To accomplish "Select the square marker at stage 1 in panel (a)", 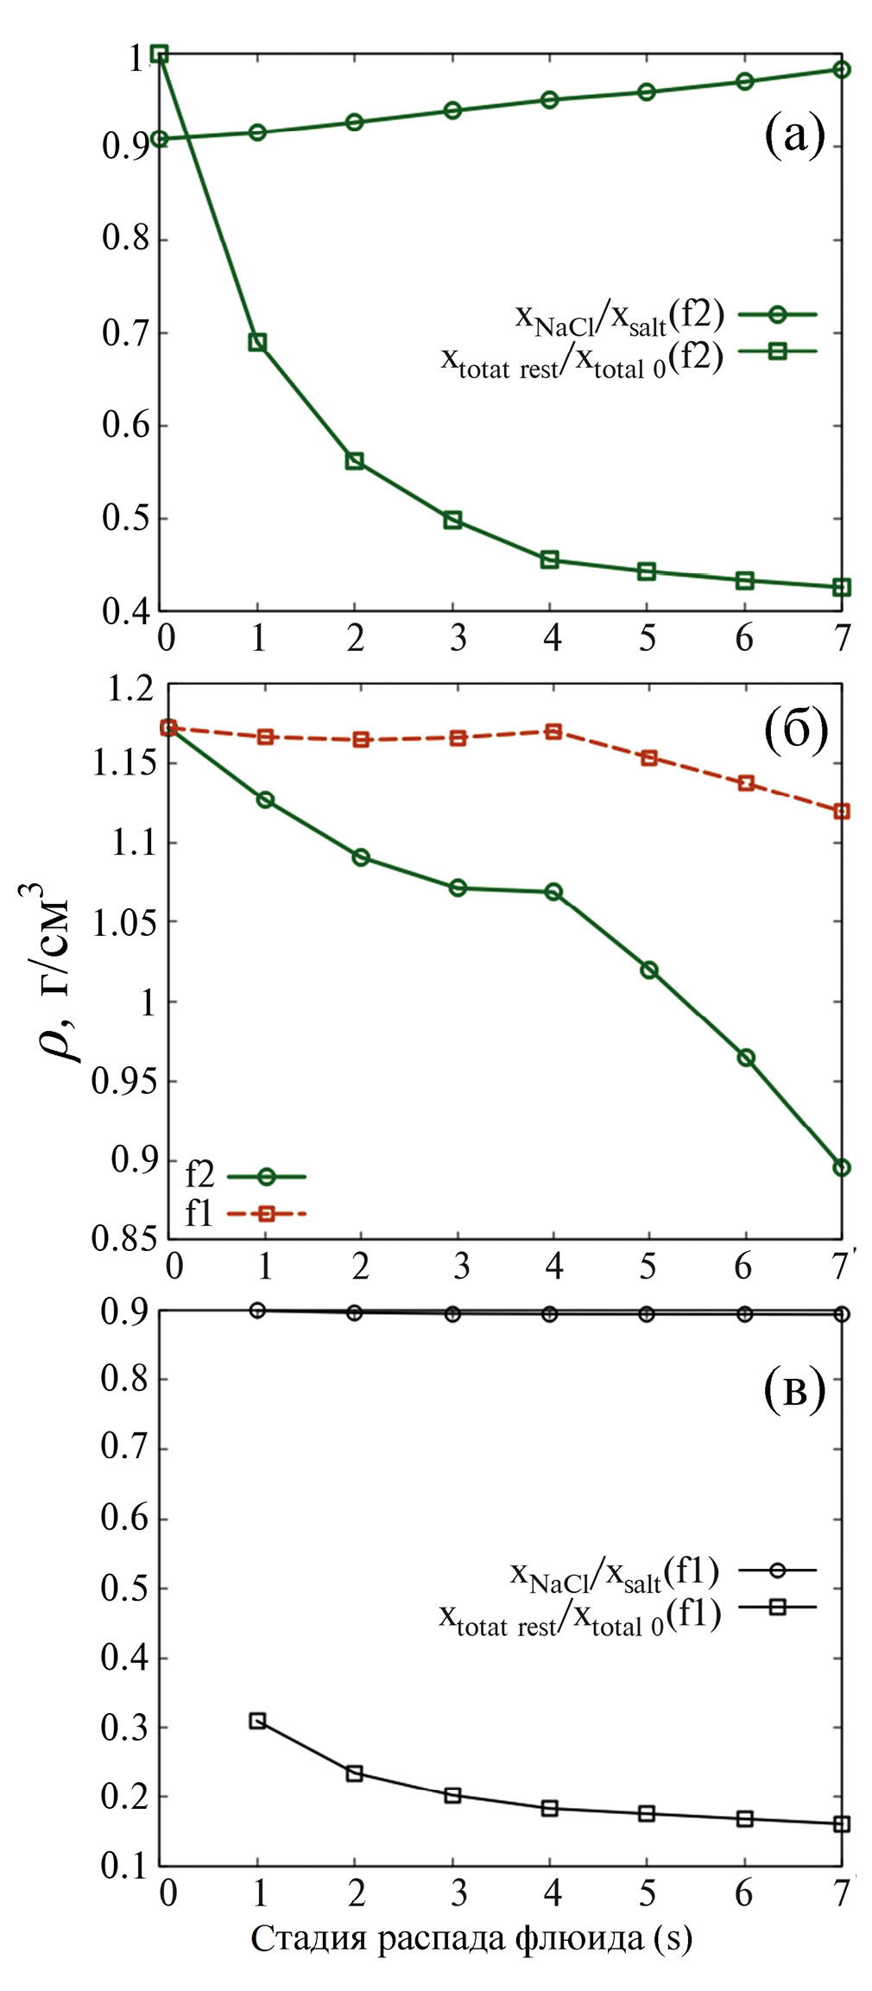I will coord(257,342).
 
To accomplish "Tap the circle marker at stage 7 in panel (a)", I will coord(842,69).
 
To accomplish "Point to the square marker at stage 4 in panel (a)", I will coord(550,559).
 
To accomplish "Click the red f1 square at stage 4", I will coord(553,731).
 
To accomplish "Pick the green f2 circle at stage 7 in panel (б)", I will coord(842,1167).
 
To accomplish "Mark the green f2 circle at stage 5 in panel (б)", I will coord(649,970).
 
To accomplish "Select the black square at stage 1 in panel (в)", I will coord(257,1721).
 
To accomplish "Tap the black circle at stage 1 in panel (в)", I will coord(257,1310).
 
